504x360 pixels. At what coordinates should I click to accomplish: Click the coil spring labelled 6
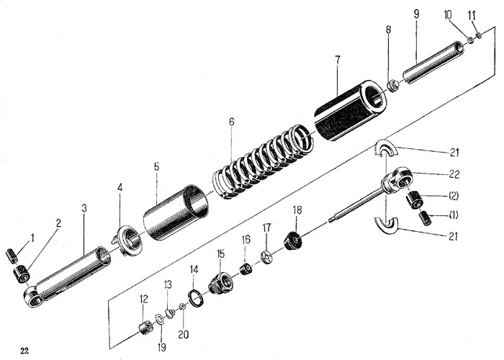(263, 162)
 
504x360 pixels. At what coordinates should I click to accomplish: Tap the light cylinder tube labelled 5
(176, 212)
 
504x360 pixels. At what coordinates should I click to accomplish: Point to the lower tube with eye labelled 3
(72, 274)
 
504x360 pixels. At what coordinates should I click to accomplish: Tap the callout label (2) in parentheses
(454, 195)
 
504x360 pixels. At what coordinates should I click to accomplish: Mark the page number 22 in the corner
(25, 351)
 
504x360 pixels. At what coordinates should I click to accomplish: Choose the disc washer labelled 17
(266, 258)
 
